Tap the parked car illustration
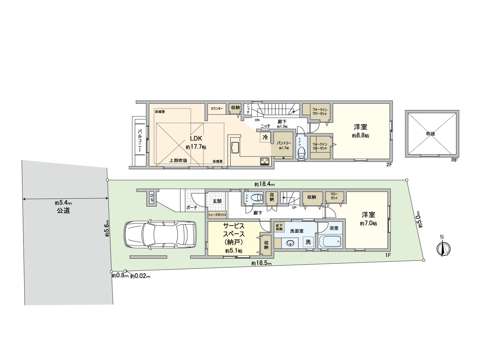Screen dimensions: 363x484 (159, 235)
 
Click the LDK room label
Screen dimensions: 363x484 (196, 139)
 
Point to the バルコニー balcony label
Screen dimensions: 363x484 (140, 140)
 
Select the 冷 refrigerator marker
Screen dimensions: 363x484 (265, 137)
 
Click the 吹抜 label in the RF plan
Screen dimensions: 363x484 (430, 133)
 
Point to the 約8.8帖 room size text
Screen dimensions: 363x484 (360, 136)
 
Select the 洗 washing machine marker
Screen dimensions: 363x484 (308, 242)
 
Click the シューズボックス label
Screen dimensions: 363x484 (217, 215)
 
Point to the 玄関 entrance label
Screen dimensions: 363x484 (217, 201)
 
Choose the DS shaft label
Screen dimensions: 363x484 (152, 198)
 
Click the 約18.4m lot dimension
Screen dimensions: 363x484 (264, 184)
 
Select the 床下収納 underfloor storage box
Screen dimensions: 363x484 (279, 227)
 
